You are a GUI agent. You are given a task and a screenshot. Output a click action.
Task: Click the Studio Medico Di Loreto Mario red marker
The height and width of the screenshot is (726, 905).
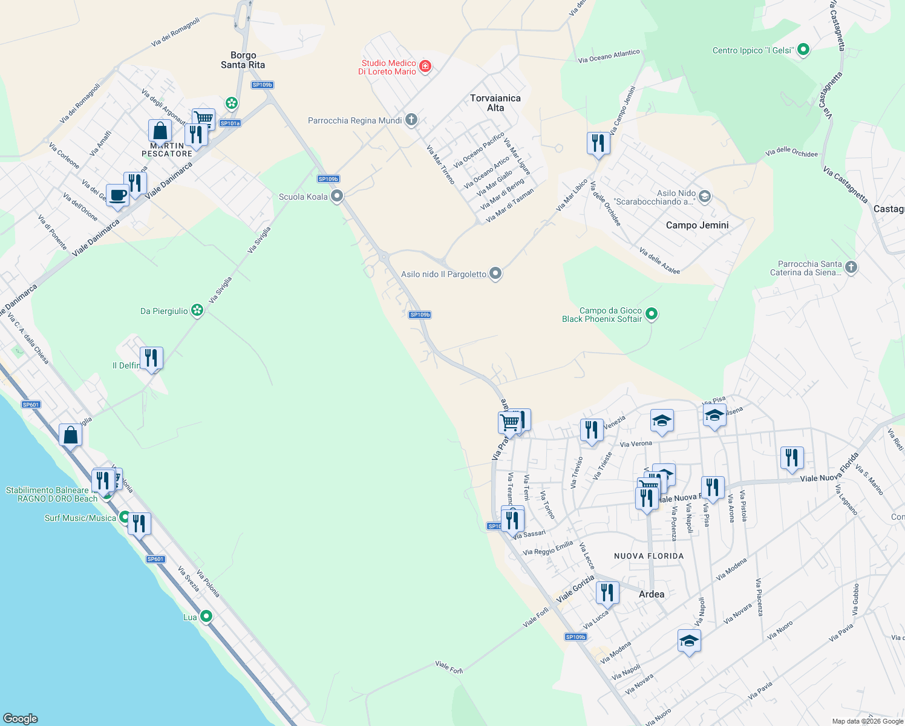[425, 66]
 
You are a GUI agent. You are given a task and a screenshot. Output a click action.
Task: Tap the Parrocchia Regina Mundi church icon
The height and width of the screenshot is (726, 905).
[411, 120]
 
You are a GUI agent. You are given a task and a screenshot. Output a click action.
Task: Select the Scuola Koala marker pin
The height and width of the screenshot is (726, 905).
[337, 196]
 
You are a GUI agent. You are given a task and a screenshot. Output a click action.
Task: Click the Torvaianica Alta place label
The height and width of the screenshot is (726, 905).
[495, 103]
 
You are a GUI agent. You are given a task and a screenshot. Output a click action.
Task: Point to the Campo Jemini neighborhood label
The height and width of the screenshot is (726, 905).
[697, 225]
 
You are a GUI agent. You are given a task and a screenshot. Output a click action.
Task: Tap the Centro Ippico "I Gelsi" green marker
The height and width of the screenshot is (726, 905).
[803, 50]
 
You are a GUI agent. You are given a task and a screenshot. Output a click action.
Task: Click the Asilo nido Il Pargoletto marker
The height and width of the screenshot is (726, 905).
[495, 273]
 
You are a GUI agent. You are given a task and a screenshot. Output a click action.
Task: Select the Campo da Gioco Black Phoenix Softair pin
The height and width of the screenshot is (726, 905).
[652, 313]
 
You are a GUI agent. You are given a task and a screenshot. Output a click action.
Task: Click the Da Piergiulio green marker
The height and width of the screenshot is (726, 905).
[197, 310]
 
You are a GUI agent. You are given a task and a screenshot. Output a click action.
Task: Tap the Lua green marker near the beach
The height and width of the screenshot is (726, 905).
[206, 616]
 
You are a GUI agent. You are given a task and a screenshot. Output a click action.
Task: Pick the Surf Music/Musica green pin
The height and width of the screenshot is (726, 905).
[125, 517]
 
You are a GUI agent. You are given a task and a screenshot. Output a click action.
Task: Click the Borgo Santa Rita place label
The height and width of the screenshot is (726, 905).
[243, 60]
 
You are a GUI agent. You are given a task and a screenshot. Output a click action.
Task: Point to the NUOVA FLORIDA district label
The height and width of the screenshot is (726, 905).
[649, 555]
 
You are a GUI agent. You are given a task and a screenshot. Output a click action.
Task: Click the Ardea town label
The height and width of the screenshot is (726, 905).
[652, 594]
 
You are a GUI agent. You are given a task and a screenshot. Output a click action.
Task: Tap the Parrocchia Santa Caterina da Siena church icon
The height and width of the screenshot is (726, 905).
[851, 267]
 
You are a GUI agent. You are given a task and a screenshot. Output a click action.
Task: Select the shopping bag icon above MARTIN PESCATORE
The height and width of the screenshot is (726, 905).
[160, 131]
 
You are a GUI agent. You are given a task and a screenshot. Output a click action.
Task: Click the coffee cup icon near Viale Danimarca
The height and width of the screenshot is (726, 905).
[117, 195]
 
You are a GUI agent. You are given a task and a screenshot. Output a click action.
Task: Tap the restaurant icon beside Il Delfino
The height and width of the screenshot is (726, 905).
[151, 358]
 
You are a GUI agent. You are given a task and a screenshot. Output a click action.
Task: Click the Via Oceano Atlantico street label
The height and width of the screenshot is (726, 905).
[609, 56]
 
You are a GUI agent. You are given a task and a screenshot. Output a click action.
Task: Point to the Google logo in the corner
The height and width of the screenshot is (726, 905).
[21, 718]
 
